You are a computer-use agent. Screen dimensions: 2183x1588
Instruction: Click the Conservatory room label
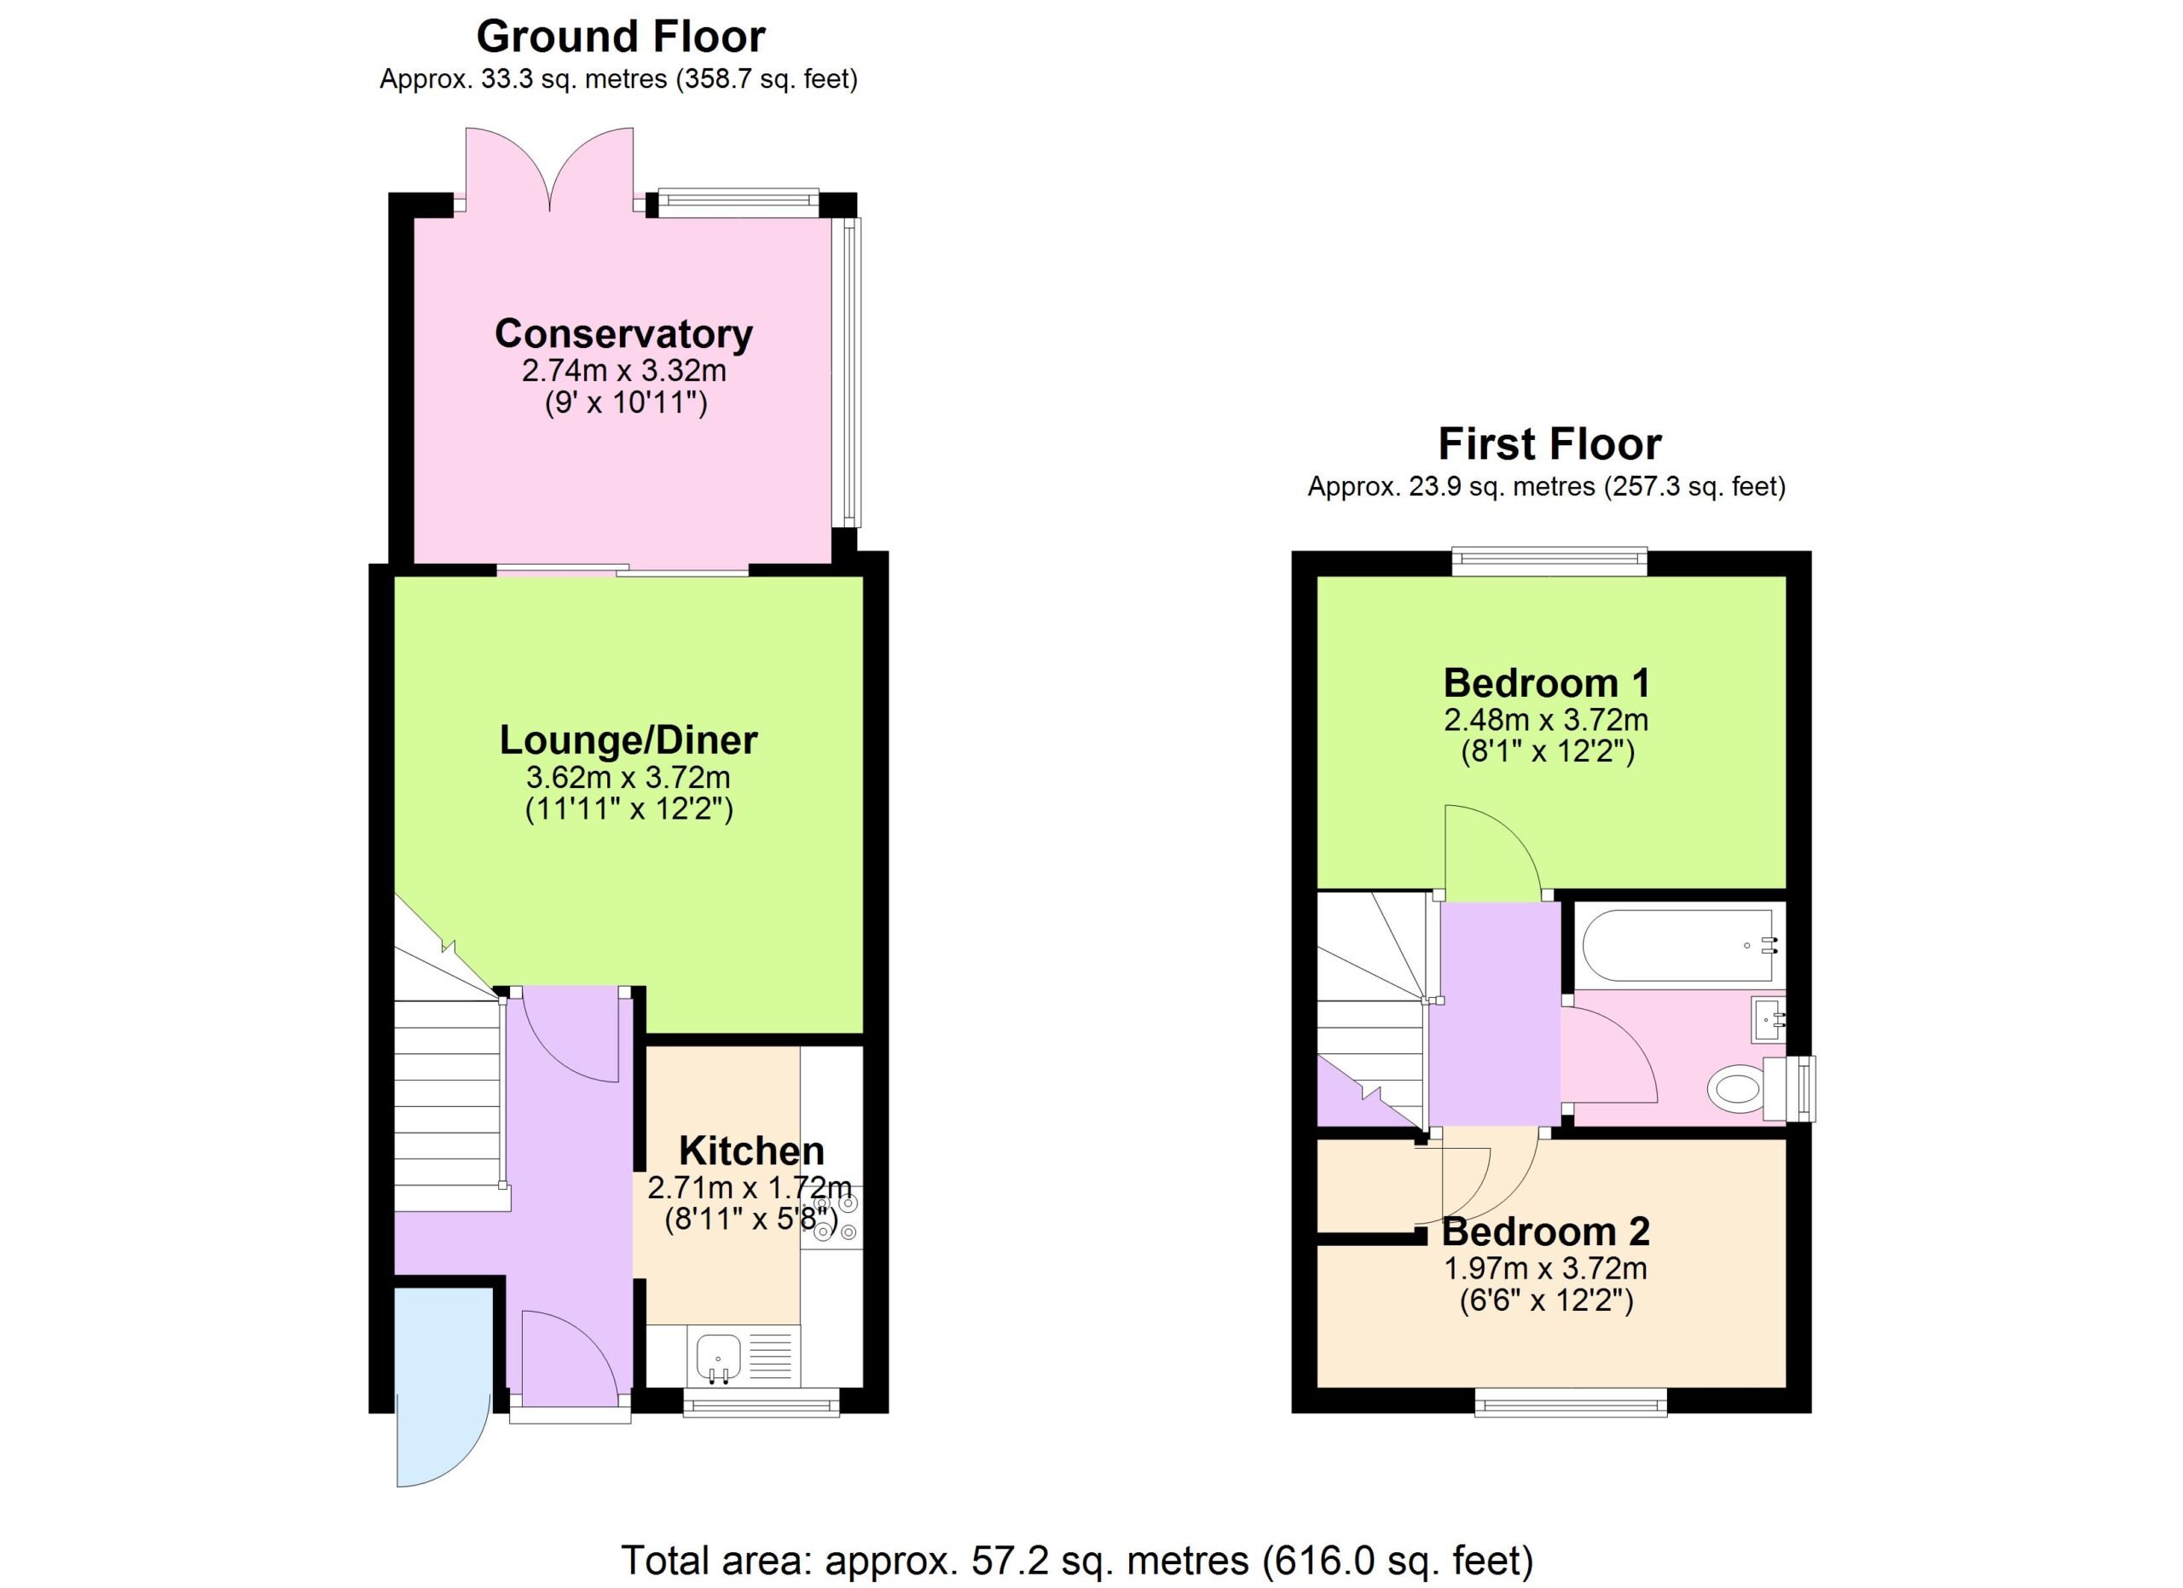623,334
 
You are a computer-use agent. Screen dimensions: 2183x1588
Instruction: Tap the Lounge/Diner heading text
628,740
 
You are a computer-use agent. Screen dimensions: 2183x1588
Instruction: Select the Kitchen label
752,1150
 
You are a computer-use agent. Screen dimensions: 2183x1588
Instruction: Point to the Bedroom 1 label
1547,683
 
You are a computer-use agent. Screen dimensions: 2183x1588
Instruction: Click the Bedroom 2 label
1546,1232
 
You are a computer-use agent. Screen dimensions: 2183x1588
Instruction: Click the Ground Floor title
621,37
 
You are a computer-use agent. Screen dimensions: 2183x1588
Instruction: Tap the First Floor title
1549,444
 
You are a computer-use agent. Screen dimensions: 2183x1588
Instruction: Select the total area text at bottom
1077,1560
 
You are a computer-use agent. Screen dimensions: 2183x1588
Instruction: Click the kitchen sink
718,1357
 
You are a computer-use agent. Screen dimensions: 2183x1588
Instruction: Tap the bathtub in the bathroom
1679,946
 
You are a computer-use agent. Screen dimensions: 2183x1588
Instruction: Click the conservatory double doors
550,170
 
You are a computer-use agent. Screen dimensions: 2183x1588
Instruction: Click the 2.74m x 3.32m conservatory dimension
623,370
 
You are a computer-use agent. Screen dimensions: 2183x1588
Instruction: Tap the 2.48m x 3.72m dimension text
1546,720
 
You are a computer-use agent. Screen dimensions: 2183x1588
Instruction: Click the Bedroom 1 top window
1549,561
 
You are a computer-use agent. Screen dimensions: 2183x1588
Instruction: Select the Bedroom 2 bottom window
1572,1402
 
